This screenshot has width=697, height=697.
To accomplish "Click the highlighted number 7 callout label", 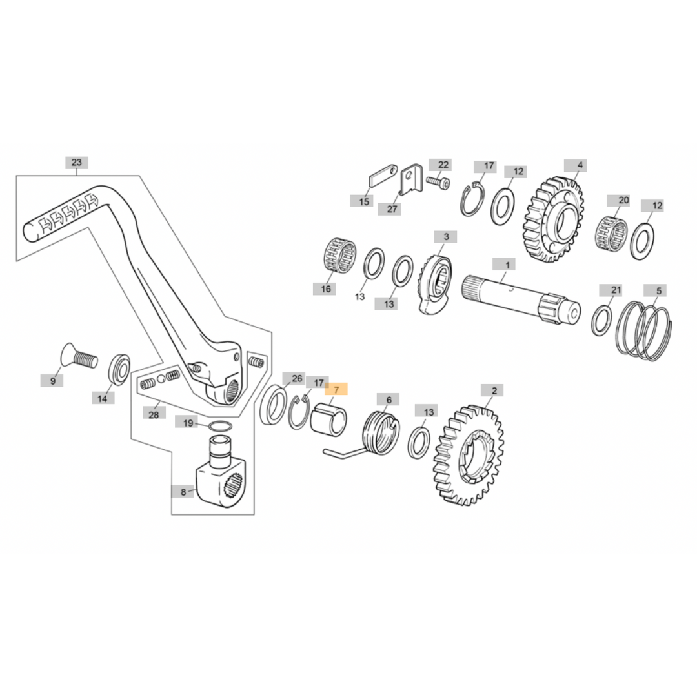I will pos(336,389).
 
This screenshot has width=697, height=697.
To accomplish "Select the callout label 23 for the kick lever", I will pos(77,163).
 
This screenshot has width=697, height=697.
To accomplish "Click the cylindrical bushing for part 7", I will pos(328,420).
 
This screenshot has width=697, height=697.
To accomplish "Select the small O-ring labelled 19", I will pos(220,426).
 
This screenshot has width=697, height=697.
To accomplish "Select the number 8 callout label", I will pos(183,492).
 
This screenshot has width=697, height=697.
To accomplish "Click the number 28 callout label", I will pos(154,414).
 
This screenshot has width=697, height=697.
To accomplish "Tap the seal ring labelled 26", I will pos(274,405).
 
